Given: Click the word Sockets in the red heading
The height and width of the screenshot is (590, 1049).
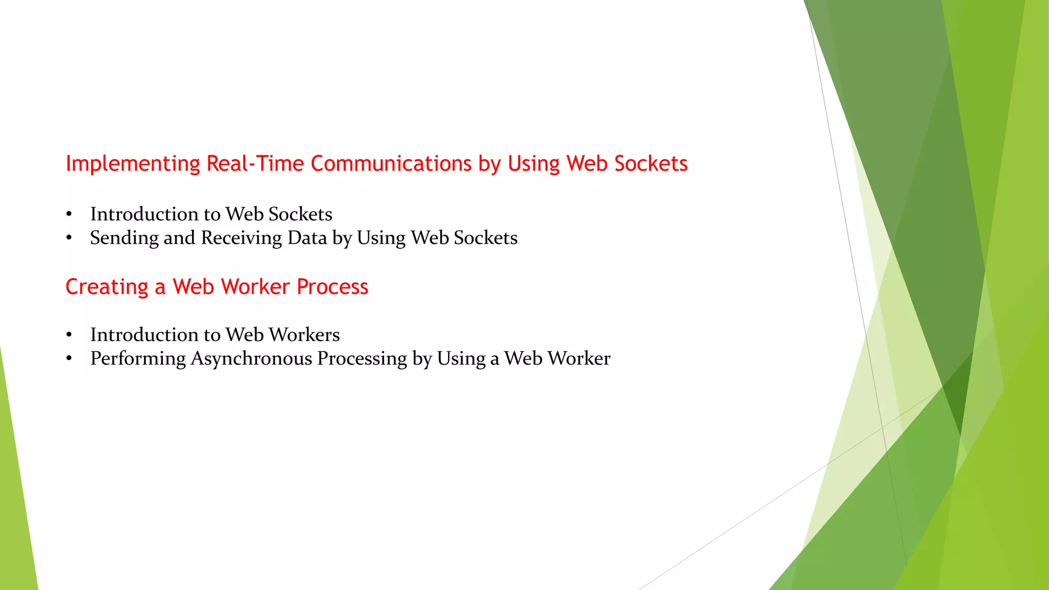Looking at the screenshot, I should click(x=651, y=164).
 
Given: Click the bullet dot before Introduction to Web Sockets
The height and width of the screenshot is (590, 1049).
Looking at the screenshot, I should click(x=69, y=214).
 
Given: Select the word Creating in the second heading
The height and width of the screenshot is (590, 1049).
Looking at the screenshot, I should click(x=107, y=287).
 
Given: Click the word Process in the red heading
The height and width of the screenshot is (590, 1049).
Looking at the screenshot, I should click(x=332, y=287).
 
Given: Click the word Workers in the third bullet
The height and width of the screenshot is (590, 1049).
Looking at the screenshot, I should click(x=304, y=335).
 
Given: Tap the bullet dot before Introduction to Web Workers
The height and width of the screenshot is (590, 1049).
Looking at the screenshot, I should click(x=69, y=335).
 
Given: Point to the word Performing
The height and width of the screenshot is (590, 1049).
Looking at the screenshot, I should click(x=138, y=359).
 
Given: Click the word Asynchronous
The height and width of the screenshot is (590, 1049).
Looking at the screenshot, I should click(x=251, y=359).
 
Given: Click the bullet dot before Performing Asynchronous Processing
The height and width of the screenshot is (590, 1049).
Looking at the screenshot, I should click(x=69, y=359).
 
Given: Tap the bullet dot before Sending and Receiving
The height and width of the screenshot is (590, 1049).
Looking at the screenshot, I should click(x=69, y=238).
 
